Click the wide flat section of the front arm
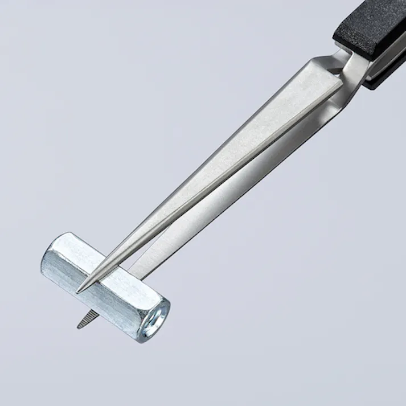coord(285,108)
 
